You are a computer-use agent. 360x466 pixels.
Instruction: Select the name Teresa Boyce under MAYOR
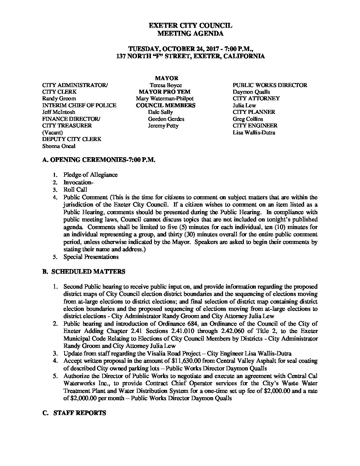pyautogui.click(x=166, y=85)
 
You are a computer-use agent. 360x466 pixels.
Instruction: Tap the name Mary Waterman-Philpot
pyautogui.click(x=164, y=99)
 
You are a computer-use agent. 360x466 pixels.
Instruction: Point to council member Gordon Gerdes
pyautogui.click(x=166, y=119)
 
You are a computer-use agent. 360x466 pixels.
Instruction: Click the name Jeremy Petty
pyautogui.click(x=163, y=126)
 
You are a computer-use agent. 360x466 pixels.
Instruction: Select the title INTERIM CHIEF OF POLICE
pyautogui.click(x=79, y=105)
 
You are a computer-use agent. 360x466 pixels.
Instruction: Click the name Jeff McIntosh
pyautogui.click(x=59, y=112)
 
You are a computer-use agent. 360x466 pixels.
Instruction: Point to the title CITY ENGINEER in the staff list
pyautogui.click(x=255, y=126)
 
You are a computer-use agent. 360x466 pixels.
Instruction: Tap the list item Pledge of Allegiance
pyautogui.click(x=90, y=175)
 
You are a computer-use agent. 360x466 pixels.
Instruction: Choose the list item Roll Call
pyautogui.click(x=75, y=190)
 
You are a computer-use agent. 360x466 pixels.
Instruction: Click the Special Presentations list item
pyautogui.click(x=91, y=257)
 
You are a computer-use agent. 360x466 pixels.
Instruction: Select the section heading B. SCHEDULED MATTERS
pyautogui.click(x=84, y=272)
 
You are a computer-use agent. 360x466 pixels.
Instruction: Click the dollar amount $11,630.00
pyautogui.click(x=189, y=361)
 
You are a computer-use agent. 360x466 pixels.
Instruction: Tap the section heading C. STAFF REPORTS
pyautogui.click(x=74, y=413)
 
